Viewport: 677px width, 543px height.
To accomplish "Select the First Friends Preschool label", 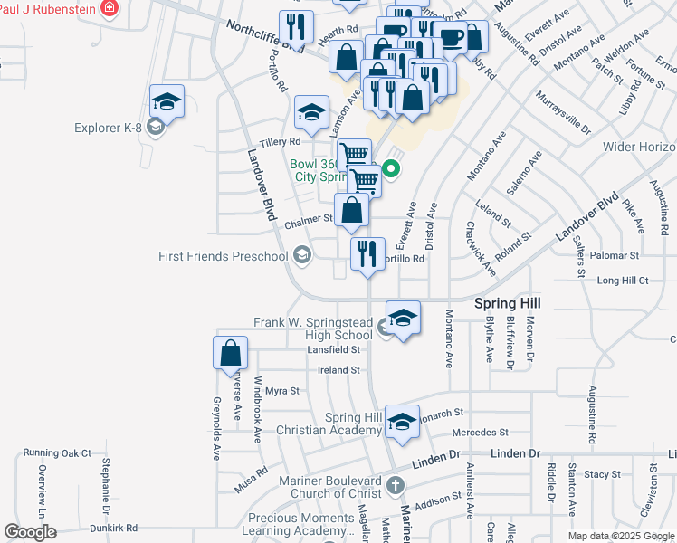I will click(223, 256).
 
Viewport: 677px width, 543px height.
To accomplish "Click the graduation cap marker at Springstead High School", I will click(404, 318).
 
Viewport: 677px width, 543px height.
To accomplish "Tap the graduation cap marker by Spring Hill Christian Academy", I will click(403, 421).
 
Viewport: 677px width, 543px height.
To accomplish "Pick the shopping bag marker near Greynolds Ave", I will click(231, 352).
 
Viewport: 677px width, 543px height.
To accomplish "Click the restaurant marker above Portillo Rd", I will click(367, 253).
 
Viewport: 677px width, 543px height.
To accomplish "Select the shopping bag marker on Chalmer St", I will click(352, 211).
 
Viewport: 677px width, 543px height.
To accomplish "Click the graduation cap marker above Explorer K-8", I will click(167, 100).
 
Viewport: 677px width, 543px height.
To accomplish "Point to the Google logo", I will click(30, 532).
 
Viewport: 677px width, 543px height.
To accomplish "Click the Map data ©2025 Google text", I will click(621, 536).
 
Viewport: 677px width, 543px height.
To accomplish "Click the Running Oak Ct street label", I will click(58, 452).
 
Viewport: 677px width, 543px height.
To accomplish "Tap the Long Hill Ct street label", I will click(624, 281).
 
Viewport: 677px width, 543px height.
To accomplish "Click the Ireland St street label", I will click(338, 370).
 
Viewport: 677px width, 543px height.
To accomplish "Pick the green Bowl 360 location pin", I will click(391, 167).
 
